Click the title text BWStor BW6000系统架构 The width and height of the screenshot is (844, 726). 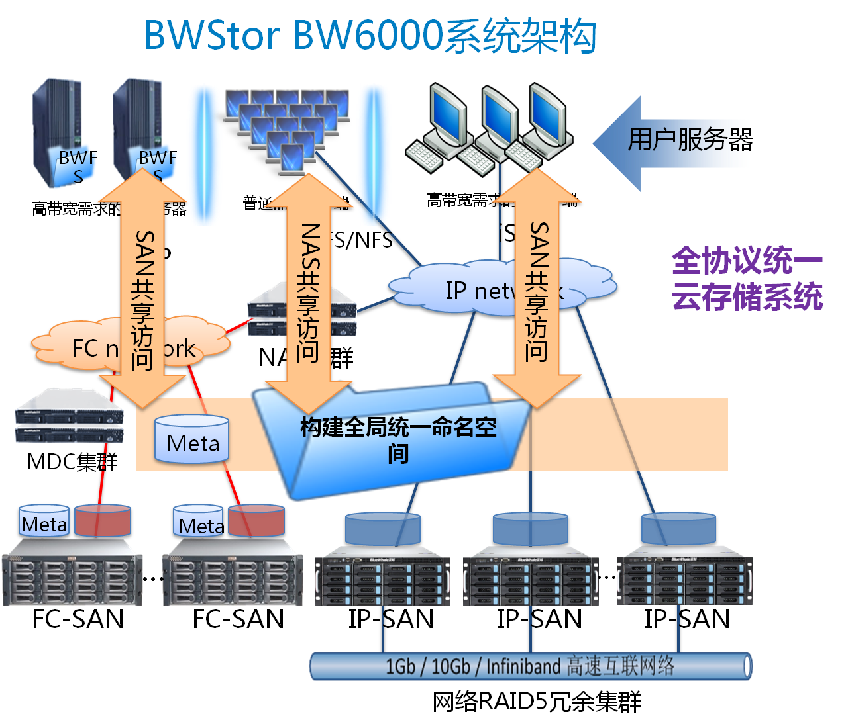[370, 36]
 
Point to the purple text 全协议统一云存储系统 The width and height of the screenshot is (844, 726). [747, 279]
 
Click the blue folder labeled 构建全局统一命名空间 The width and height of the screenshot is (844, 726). [397, 440]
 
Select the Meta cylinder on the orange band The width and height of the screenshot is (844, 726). [192, 439]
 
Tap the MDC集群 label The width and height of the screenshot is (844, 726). [72, 461]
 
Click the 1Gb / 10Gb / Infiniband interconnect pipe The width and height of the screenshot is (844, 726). [530, 666]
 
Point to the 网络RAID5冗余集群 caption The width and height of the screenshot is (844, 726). [537, 702]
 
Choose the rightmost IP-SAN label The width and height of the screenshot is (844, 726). [687, 619]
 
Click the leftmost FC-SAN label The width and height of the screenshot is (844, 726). [78, 619]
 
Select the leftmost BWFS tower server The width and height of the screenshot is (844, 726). [58, 132]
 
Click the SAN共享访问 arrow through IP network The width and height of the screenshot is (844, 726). [537, 291]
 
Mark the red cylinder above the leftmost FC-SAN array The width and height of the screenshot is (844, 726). [103, 521]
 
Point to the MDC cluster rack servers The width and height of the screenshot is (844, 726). [69, 417]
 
